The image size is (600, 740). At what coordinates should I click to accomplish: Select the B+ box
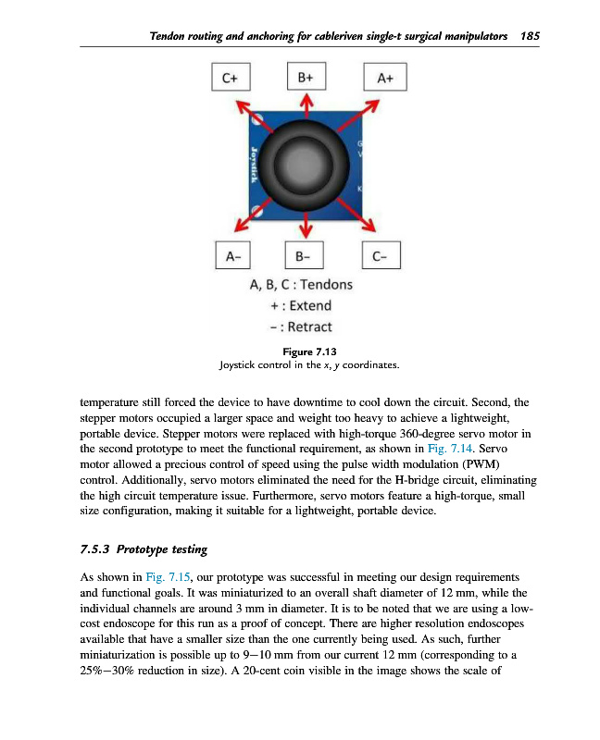(306, 79)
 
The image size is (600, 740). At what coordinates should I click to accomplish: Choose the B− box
(306, 255)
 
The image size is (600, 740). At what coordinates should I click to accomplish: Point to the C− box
(382, 255)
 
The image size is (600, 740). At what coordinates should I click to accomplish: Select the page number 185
(530, 36)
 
